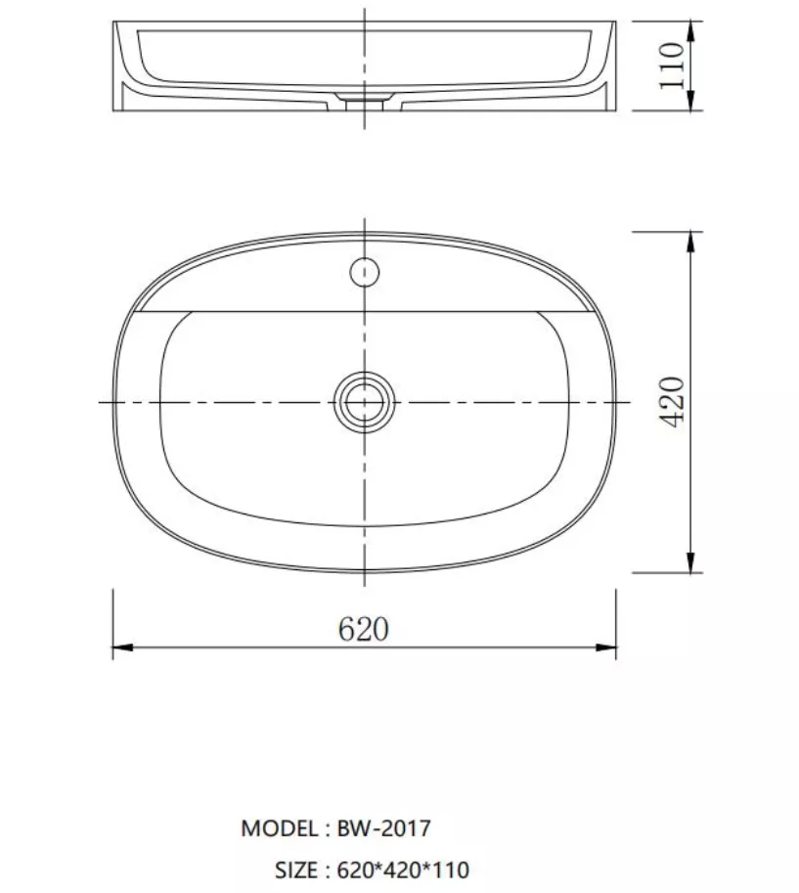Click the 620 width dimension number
(x=364, y=629)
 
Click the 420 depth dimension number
(x=672, y=402)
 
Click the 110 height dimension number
(x=672, y=66)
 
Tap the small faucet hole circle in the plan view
(x=365, y=272)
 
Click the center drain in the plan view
(x=365, y=402)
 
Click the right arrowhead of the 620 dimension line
(x=606, y=647)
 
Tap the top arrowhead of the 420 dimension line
(x=690, y=242)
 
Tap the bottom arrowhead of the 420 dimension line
(x=690, y=562)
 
